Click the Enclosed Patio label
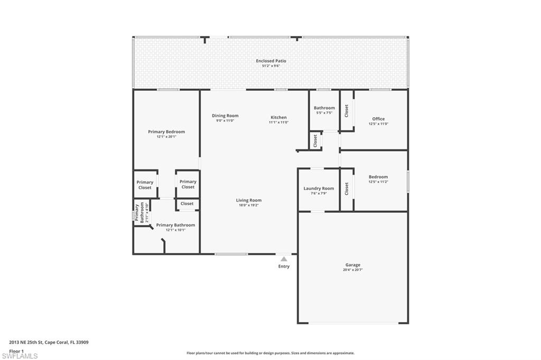270,61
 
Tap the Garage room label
352,265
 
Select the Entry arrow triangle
284,259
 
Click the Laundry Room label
319,188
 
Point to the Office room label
378,119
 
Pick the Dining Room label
225,116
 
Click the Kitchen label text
278,117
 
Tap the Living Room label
248,201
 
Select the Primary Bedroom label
166,132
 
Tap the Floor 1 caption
16,350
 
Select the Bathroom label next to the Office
324,108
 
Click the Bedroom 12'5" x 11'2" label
378,177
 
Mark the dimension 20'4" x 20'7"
352,270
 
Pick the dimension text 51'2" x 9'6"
270,66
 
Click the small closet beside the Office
347,110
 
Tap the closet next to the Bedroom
347,188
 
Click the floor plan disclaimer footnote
270,353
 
